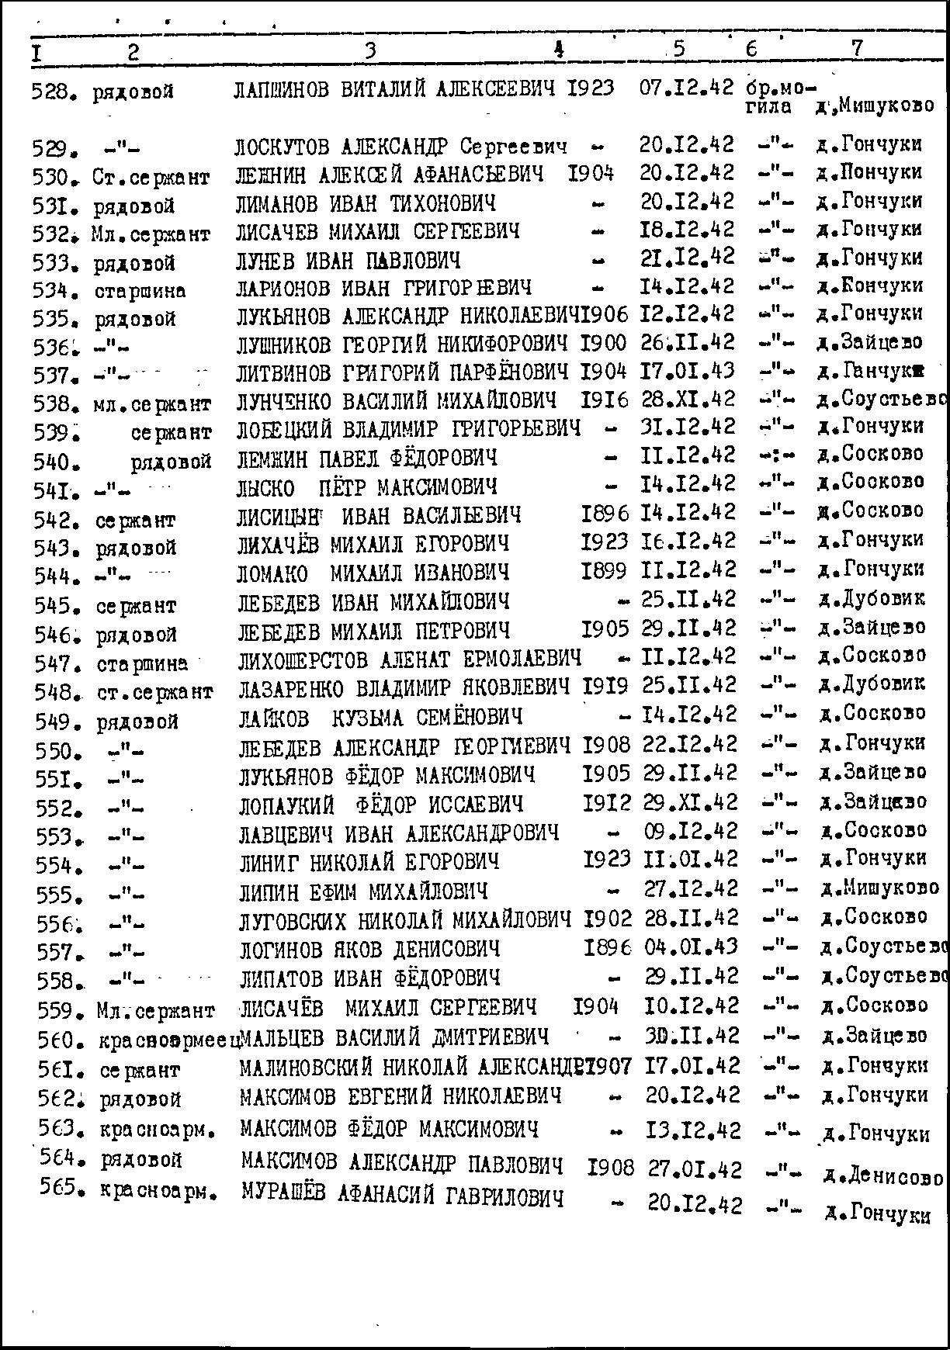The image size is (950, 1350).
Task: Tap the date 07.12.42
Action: coord(686,88)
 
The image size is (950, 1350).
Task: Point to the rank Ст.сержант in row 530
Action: coord(151,178)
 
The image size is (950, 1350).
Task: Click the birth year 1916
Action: coord(605,400)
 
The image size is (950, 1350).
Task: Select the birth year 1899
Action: coord(604,570)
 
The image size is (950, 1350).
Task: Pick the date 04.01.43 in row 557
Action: coord(690,947)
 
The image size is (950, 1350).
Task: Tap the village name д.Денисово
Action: coord(883,1177)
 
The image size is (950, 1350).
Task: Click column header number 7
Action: coord(857,48)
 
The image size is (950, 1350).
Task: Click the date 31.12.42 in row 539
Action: coord(688,427)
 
